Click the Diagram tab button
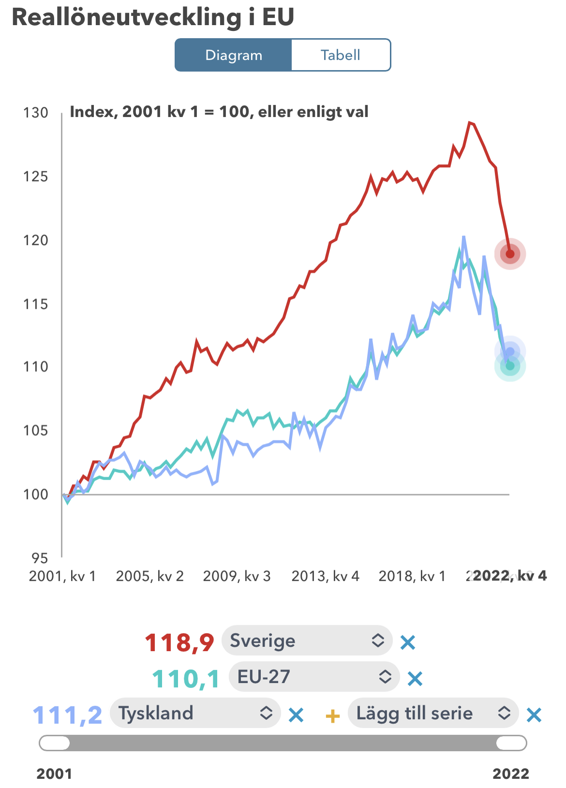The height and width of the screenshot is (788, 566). [233, 55]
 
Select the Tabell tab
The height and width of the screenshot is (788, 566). [341, 55]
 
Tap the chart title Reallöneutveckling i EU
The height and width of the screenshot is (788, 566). [153, 17]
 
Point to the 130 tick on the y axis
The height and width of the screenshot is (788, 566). [36, 113]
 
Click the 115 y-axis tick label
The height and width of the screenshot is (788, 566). [36, 304]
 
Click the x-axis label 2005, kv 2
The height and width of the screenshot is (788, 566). [149, 576]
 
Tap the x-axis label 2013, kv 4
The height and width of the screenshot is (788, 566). [325, 576]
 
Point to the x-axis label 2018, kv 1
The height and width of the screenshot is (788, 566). [412, 576]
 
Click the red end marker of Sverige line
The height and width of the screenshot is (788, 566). [510, 254]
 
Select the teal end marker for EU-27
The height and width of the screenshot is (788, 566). [510, 366]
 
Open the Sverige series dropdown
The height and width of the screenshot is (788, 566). [307, 641]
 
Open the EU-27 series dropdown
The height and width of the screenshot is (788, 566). [314, 677]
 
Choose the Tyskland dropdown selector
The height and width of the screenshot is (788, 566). [195, 713]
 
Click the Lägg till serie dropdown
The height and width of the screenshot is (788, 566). [433, 713]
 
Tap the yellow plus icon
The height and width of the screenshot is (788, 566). [332, 715]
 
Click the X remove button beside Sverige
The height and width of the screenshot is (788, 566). [408, 642]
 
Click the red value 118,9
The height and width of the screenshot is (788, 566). [179, 642]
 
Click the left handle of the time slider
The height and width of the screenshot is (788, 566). [55, 743]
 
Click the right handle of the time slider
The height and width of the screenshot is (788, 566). [511, 743]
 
